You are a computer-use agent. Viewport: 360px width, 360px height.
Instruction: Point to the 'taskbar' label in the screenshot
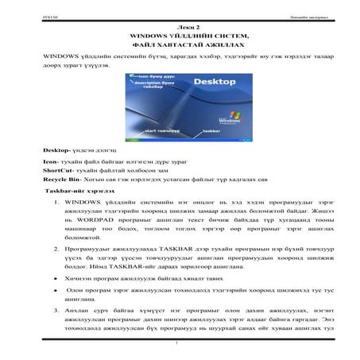pyautogui.click(x=211, y=130)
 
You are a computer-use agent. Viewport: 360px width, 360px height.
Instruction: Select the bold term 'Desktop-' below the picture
pyautogui.click(x=58, y=150)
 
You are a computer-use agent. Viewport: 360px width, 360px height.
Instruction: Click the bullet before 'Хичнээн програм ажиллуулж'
pyautogui.click(x=56, y=278)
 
